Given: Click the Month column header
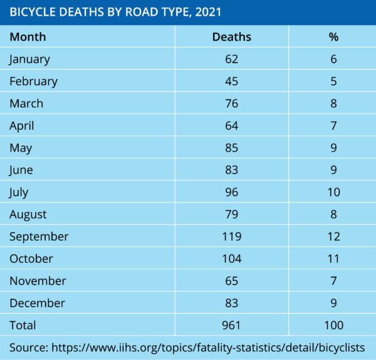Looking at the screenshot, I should [28, 37].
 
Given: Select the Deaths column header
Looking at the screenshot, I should [231, 37].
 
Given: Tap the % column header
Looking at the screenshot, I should [333, 37].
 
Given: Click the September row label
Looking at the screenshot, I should [39, 236].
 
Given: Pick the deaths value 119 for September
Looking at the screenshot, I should [231, 236].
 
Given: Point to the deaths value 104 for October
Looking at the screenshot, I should [231, 258].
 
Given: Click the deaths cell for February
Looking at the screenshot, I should [231, 81].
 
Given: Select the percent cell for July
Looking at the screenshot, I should [333, 192].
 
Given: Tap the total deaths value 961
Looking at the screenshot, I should [231, 325].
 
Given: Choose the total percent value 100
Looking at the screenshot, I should [333, 325].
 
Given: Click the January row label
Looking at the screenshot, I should [29, 59].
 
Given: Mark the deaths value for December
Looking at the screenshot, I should [231, 303].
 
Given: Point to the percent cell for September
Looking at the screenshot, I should [333, 236].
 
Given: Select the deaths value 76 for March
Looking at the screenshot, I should [231, 103].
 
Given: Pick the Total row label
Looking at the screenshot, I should [23, 325].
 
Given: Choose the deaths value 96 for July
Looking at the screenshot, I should [231, 192].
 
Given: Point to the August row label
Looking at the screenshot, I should [28, 214].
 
